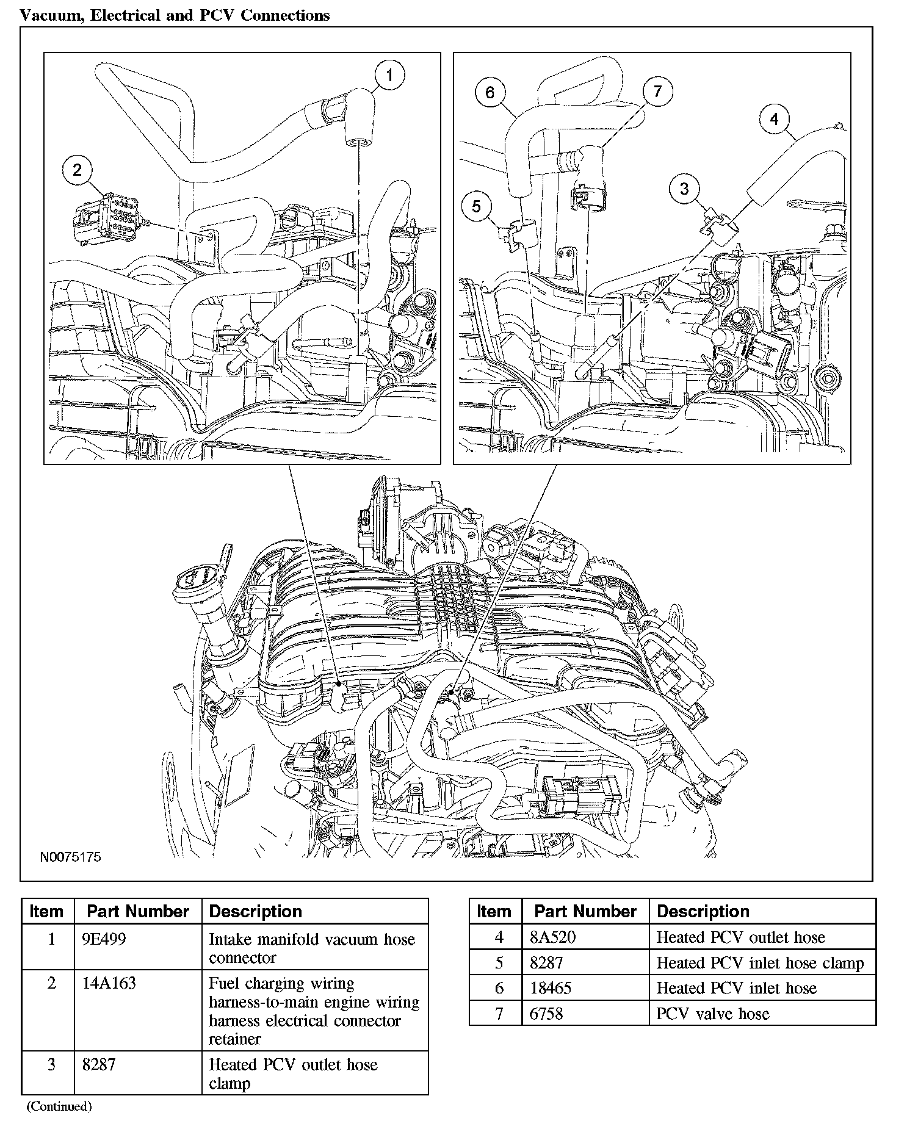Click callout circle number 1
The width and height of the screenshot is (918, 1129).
click(389, 76)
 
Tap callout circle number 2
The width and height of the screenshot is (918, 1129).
click(77, 170)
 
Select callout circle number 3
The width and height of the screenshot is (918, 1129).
click(684, 188)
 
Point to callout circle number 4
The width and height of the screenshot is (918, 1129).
click(774, 119)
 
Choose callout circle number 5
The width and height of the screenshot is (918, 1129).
click(476, 206)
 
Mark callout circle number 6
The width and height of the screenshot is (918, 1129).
click(490, 92)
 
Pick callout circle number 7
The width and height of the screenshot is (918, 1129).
click(657, 91)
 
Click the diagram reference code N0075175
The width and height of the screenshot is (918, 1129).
click(70, 857)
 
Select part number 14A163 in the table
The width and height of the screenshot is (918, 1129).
click(109, 983)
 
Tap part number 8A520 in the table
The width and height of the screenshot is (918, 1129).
click(552, 937)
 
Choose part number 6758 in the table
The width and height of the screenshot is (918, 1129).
click(546, 1014)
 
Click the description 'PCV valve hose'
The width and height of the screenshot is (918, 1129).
click(712, 1014)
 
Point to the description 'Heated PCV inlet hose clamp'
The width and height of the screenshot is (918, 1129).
click(760, 962)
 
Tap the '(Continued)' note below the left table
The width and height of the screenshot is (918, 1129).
click(59, 1106)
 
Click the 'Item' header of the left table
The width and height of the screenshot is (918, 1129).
click(46, 911)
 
